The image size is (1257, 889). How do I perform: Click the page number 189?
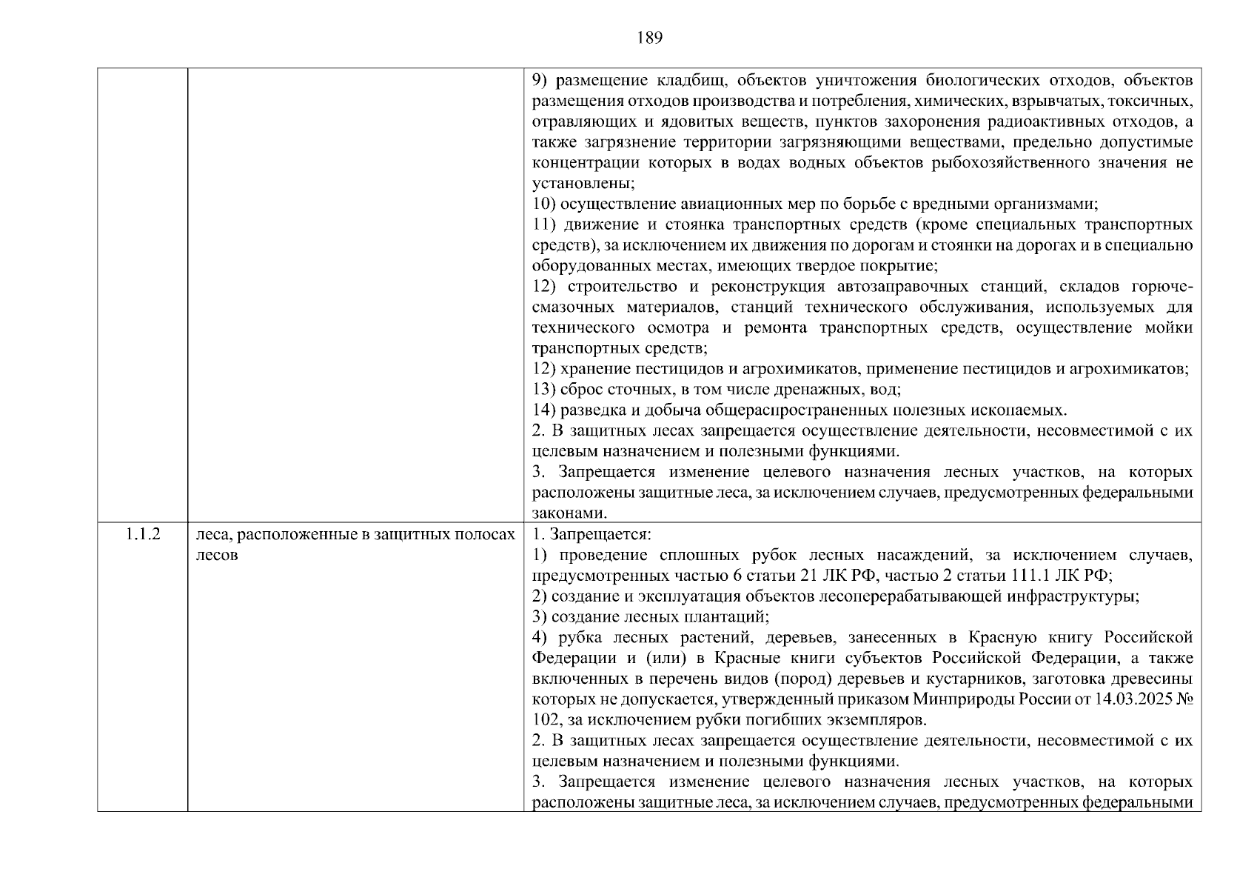coord(649,39)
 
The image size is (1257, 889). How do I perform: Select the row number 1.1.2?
coord(143,534)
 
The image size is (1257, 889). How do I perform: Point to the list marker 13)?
coord(544,390)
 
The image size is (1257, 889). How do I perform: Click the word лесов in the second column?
coord(217,555)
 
